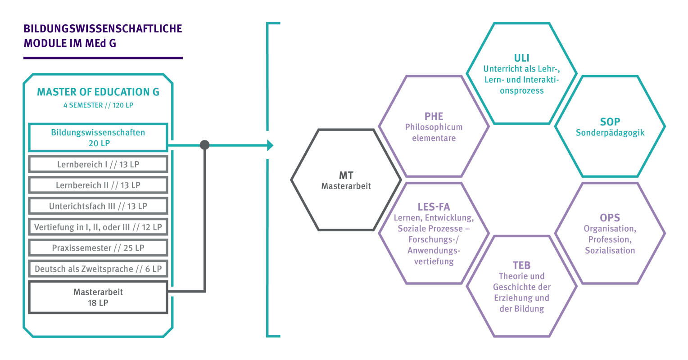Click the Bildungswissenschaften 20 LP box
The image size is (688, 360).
click(98, 138)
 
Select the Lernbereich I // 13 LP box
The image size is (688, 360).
click(98, 164)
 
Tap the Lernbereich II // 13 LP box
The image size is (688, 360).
click(98, 185)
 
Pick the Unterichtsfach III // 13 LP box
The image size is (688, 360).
click(98, 206)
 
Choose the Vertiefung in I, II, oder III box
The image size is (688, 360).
click(98, 227)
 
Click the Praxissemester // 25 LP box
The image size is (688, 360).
click(98, 248)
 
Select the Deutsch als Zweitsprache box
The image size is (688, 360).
click(98, 269)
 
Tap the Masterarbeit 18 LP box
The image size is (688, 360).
click(98, 297)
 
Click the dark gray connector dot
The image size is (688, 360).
click(204, 145)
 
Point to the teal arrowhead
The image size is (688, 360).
click(270, 145)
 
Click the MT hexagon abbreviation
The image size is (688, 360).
click(346, 175)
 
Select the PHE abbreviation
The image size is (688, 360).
click(434, 117)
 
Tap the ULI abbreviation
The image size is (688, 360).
click(521, 58)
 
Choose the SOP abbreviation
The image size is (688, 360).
click(610, 121)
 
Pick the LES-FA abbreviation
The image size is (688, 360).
click(434, 207)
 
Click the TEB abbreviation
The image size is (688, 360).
click(521, 265)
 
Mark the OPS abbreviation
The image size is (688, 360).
click(610, 217)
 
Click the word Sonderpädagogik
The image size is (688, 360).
click(610, 133)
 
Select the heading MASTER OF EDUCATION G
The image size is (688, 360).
click(98, 92)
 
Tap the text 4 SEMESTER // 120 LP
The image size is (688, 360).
click(98, 105)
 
